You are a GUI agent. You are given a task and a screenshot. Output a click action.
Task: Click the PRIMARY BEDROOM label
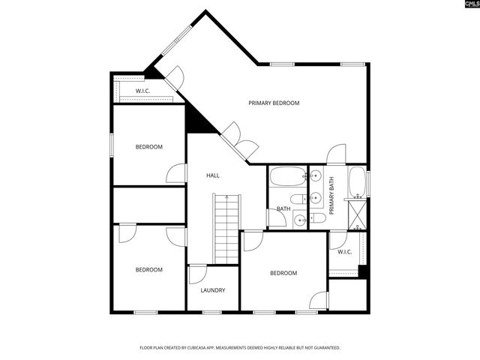(x=274, y=103)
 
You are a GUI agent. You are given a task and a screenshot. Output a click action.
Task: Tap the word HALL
(x=213, y=175)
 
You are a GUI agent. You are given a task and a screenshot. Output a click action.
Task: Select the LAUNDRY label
(x=212, y=290)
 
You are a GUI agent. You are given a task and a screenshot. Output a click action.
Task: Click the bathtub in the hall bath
(x=286, y=178)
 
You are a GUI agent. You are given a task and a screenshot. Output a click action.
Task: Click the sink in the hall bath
(x=299, y=220)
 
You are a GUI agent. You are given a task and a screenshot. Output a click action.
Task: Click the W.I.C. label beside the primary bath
(x=344, y=252)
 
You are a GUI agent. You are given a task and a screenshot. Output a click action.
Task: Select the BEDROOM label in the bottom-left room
(x=148, y=270)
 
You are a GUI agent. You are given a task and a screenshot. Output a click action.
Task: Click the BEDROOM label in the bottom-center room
(x=283, y=273)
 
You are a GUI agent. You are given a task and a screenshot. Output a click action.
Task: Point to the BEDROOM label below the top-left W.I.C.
(x=148, y=147)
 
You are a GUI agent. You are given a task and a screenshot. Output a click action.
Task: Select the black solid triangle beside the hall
(x=198, y=118)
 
